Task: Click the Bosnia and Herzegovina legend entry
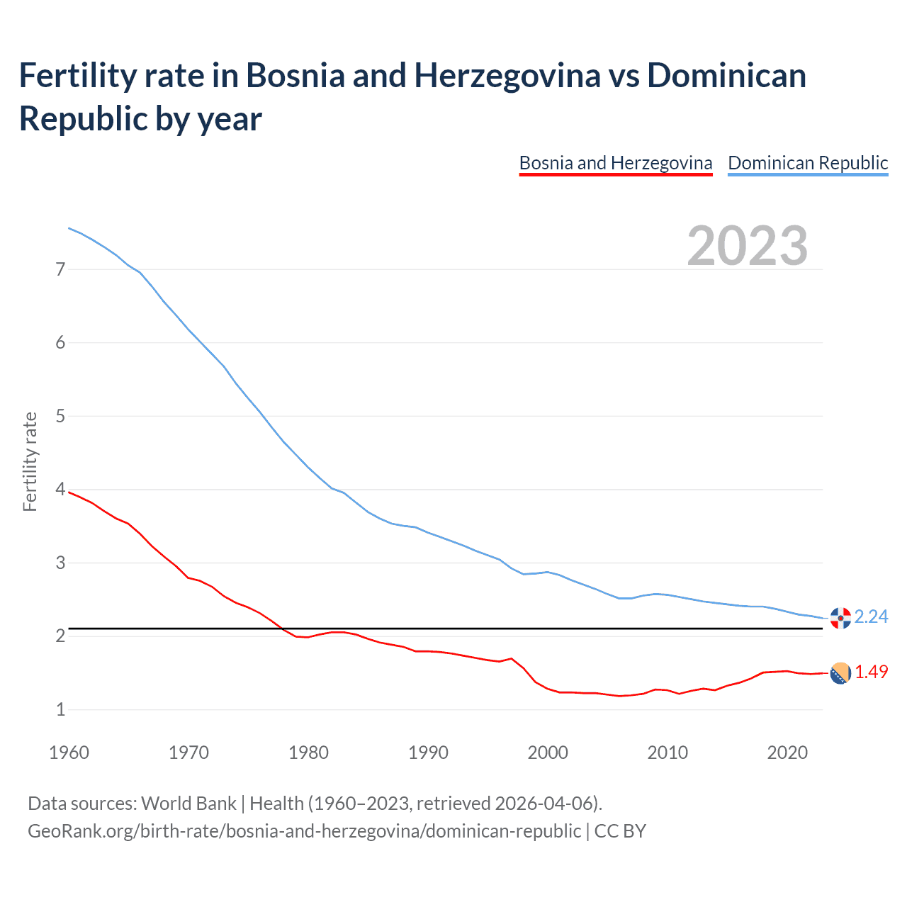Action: click(x=615, y=163)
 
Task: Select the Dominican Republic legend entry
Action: click(x=808, y=163)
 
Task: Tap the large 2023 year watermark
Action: click(x=748, y=245)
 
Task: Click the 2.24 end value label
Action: click(x=871, y=617)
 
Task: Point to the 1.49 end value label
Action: click(x=871, y=672)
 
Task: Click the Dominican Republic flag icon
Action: click(x=840, y=618)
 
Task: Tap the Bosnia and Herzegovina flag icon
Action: click(x=840, y=673)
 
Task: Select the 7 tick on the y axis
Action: click(x=60, y=269)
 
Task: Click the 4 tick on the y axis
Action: click(x=60, y=490)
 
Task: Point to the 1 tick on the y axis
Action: click(x=60, y=709)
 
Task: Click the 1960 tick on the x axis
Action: click(x=69, y=753)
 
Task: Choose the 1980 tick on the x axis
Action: click(x=308, y=753)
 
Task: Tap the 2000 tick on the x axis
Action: click(x=548, y=753)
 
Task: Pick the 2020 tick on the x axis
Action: click(x=787, y=753)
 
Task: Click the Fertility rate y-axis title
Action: click(x=30, y=461)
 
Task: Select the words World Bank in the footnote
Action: click(x=188, y=804)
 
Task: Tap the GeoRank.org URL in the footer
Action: click(x=304, y=830)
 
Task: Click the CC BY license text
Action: click(x=620, y=830)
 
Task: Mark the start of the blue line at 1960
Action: click(x=69, y=228)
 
